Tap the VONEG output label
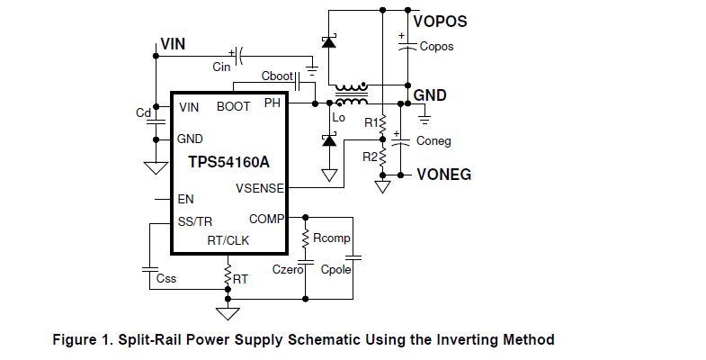(444, 174)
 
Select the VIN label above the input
(174, 43)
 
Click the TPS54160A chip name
(229, 163)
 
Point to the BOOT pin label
(234, 107)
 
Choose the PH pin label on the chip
(273, 104)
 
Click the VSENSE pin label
(260, 188)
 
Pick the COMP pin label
(267, 219)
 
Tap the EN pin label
(186, 199)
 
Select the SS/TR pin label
(194, 221)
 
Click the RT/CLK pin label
(228, 240)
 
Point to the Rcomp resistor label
(331, 238)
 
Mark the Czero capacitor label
(287, 268)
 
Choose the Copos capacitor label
(436, 46)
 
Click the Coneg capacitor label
(433, 140)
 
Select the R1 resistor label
(371, 122)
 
